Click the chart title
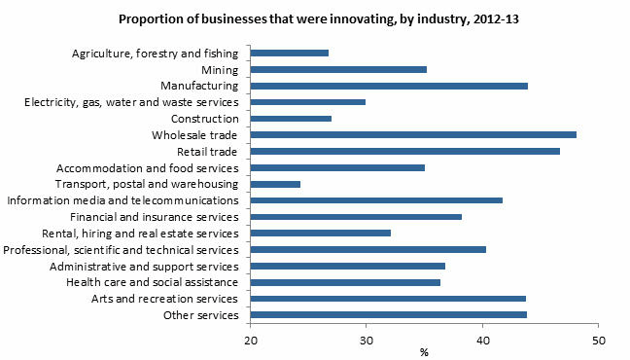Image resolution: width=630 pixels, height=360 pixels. (x=314, y=18)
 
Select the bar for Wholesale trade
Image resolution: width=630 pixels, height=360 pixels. (x=413, y=134)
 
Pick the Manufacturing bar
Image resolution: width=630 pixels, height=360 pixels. (x=389, y=86)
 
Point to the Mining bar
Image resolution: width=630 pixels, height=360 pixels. (x=338, y=69)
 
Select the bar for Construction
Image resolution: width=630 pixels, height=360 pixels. (x=291, y=118)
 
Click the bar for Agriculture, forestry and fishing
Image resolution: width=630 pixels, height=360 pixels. (x=289, y=53)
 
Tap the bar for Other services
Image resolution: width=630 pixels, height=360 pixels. (x=389, y=314)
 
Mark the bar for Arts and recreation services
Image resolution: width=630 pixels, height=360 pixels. (x=388, y=298)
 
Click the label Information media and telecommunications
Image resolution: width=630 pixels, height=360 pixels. (x=122, y=200)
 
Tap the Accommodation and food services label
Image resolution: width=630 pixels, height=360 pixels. (x=146, y=167)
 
